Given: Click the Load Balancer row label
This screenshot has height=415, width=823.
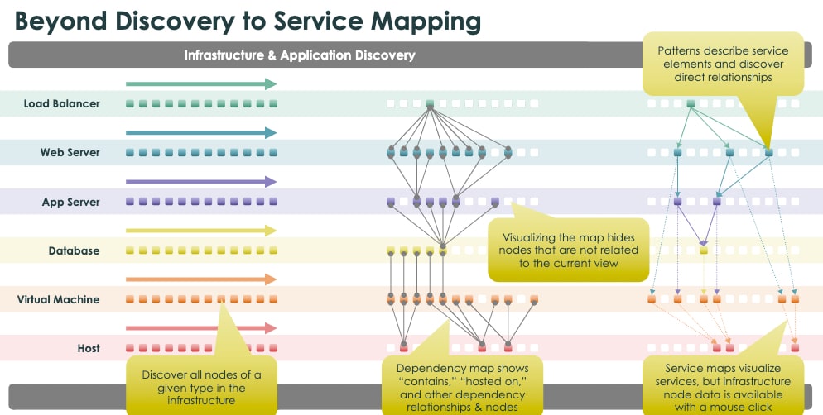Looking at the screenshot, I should (x=62, y=104).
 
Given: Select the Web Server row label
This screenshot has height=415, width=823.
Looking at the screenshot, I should (x=70, y=153).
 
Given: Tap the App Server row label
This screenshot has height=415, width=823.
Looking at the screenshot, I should (x=71, y=202).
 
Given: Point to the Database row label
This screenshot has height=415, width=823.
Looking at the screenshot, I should (x=73, y=250).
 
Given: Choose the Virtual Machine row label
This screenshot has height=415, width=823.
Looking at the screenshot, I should (x=58, y=299).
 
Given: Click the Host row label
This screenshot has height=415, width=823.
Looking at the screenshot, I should (x=89, y=348).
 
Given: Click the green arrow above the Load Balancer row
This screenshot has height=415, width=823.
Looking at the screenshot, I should (x=200, y=84).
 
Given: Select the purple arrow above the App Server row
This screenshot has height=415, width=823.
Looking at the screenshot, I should (x=200, y=182).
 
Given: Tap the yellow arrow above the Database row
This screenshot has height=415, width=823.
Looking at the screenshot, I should (x=200, y=231).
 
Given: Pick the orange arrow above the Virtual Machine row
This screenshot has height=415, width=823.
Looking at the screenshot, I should (x=200, y=279).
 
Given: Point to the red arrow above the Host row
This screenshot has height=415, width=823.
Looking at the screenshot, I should (x=200, y=328).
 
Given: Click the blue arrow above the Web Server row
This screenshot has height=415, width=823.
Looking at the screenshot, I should (x=200, y=133).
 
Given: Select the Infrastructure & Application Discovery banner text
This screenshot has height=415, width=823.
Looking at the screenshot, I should (x=299, y=55).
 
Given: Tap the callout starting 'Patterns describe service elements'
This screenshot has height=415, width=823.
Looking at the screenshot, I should (x=723, y=64).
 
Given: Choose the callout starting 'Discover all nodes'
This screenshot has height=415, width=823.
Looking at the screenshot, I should (x=201, y=387).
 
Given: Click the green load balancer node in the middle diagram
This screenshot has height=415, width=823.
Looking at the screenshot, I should (x=430, y=104).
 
